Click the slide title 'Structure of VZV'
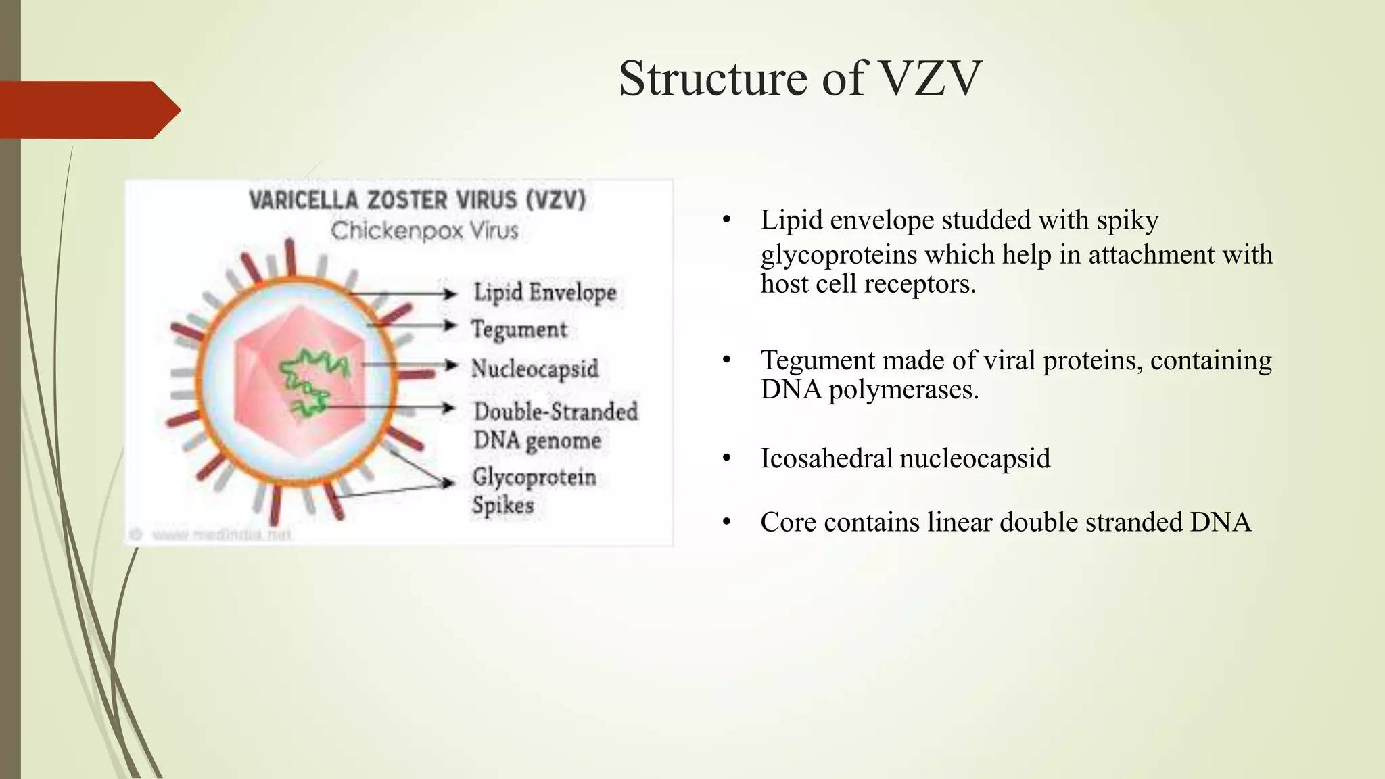[x=800, y=78]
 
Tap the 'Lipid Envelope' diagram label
[x=545, y=293]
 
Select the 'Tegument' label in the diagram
[x=519, y=329]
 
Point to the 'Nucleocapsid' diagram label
[x=535, y=369]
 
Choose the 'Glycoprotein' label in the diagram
[x=534, y=477]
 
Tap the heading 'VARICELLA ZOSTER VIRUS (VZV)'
[x=417, y=200]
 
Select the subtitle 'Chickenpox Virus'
[x=425, y=231]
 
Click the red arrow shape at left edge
[x=88, y=110]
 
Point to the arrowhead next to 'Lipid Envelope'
[x=450, y=293]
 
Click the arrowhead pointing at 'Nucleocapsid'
[x=450, y=365]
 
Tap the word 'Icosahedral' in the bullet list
[x=826, y=458]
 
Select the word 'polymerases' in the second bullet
[x=903, y=389]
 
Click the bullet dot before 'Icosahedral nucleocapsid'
[x=727, y=458]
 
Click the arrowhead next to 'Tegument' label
[x=450, y=325]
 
